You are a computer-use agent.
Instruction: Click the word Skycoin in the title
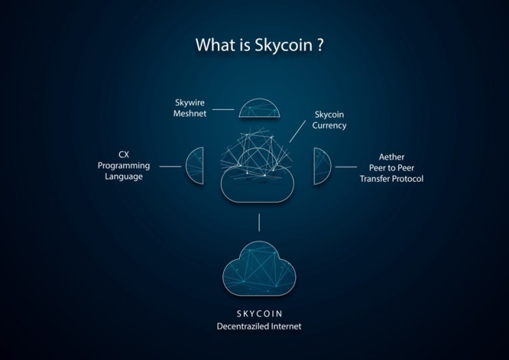(284, 45)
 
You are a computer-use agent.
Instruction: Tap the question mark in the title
(319, 45)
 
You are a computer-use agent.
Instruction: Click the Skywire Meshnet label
(190, 108)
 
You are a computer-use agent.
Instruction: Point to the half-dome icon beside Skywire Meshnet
(259, 108)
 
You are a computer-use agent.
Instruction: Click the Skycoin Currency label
(329, 120)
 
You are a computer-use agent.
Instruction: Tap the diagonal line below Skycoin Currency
(297, 131)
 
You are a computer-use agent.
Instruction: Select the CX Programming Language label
(124, 165)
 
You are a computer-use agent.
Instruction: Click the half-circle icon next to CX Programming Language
(195, 166)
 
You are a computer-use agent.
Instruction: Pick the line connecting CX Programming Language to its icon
(170, 167)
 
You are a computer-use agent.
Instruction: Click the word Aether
(391, 157)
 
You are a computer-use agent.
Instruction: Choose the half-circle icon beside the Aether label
(322, 166)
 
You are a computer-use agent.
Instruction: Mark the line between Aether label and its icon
(346, 167)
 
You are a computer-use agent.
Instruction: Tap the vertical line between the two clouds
(259, 223)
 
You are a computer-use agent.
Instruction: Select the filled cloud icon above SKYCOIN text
(259, 269)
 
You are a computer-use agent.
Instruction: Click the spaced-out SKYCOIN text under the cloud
(260, 314)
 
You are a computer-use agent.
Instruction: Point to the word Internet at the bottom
(286, 326)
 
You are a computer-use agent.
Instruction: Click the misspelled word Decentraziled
(243, 326)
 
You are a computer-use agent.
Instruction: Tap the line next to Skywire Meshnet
(223, 109)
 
